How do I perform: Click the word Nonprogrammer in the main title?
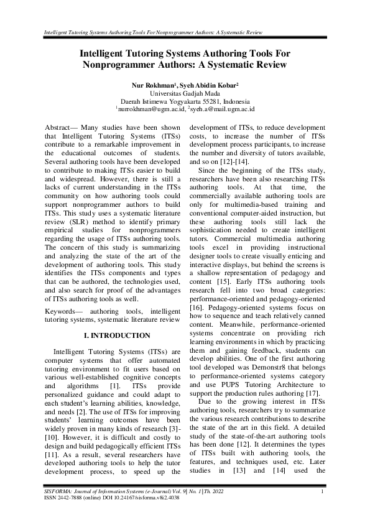point(120,63)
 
